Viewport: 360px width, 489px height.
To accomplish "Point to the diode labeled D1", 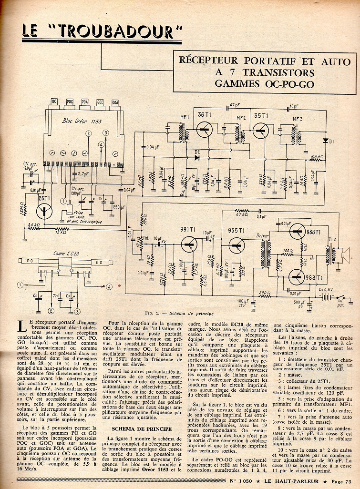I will (x=326, y=141).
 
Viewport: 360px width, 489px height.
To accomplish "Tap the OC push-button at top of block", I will (x=54, y=102).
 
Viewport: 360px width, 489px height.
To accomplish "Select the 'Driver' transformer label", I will (x=262, y=235).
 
